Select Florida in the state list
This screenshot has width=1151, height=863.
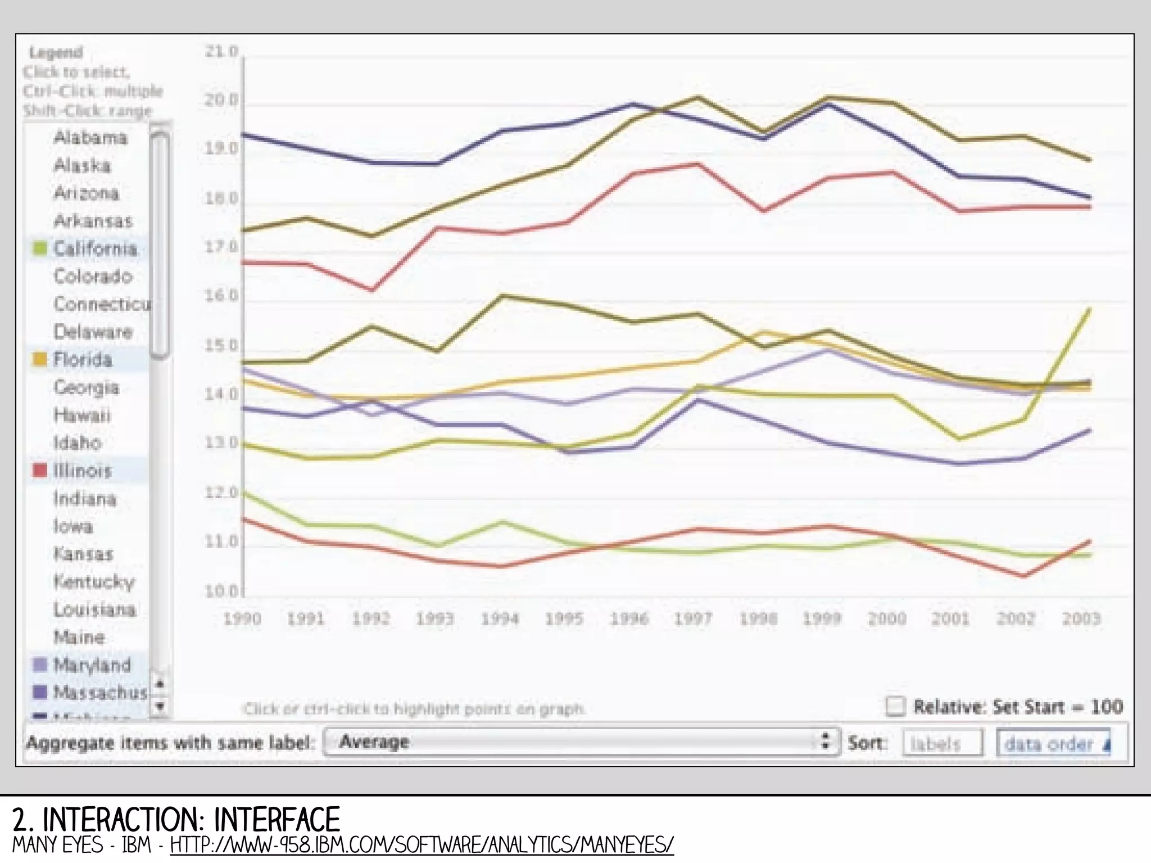[x=83, y=360]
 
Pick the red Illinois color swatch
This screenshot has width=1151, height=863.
[x=40, y=471]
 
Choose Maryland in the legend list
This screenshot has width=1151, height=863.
[x=92, y=665]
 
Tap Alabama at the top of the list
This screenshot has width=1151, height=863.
[x=90, y=138]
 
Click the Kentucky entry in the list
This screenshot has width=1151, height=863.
[x=94, y=582]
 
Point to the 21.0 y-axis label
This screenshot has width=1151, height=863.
[x=221, y=52]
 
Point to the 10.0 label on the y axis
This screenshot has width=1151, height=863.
[x=221, y=591]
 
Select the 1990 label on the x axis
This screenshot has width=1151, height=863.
[x=242, y=619]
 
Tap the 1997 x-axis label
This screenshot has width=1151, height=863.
[x=693, y=619]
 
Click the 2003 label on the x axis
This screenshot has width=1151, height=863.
[x=1081, y=619]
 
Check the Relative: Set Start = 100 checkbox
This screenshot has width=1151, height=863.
[x=895, y=707]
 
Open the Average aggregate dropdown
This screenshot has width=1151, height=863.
[x=581, y=742]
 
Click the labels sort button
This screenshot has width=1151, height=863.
[x=942, y=744]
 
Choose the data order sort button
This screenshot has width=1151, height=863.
[x=1053, y=744]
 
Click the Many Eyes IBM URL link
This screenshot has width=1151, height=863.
[x=422, y=845]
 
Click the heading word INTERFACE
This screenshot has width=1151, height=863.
[x=277, y=820]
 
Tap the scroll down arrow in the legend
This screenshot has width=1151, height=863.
[x=160, y=706]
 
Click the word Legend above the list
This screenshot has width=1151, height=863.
[x=56, y=53]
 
